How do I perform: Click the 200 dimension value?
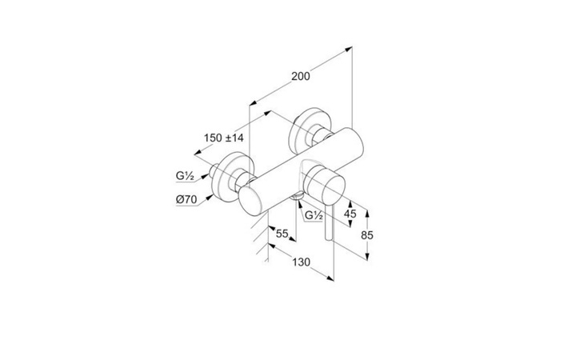(x=300, y=76)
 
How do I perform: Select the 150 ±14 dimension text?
(x=224, y=138)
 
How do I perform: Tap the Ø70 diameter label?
(x=186, y=199)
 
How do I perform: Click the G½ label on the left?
(x=186, y=176)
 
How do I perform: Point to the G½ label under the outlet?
(x=314, y=215)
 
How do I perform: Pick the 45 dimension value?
(x=350, y=214)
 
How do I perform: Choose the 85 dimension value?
(x=367, y=235)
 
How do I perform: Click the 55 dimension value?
(x=282, y=234)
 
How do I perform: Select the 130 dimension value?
(x=301, y=262)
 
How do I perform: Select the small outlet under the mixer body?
(x=298, y=196)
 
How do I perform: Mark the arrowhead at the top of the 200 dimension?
(x=348, y=49)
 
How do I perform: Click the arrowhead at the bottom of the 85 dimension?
(x=367, y=256)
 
